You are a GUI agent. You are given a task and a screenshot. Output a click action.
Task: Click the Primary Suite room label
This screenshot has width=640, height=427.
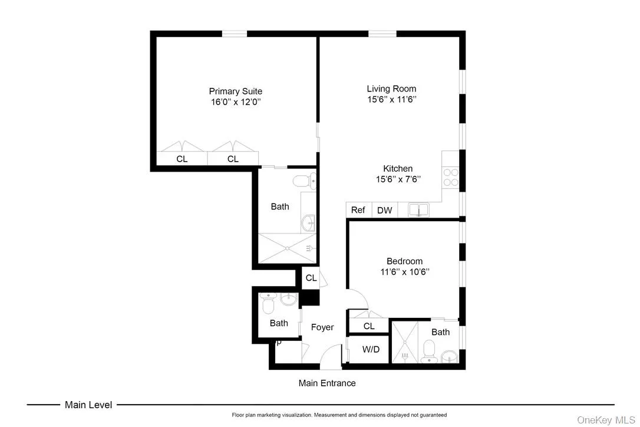[x=235, y=91]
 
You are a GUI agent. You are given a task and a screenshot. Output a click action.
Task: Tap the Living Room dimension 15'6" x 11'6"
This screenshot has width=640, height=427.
[x=391, y=100]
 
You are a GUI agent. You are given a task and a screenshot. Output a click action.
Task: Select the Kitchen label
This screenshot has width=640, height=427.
[x=398, y=169]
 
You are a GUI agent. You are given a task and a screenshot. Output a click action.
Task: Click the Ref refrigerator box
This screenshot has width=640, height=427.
[x=358, y=210]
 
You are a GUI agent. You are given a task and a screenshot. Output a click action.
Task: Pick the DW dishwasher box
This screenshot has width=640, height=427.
[x=384, y=210]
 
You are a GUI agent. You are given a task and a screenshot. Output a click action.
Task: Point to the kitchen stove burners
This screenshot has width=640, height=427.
[x=451, y=178]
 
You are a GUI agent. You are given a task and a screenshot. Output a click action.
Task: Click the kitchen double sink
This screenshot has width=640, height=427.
[x=419, y=209]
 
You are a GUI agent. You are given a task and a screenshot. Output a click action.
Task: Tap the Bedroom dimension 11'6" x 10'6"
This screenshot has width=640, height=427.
[x=404, y=272]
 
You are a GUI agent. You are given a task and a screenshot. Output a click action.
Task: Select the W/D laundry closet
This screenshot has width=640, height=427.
[x=371, y=349]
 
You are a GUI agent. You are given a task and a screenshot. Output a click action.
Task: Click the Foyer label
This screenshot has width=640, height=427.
[x=322, y=327]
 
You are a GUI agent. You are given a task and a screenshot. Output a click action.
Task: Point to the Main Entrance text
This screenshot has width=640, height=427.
[x=327, y=383]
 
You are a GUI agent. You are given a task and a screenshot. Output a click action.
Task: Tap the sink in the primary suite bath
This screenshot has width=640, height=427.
[x=308, y=223]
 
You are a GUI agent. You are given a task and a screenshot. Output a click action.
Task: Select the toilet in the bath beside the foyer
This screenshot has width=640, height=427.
[x=268, y=306]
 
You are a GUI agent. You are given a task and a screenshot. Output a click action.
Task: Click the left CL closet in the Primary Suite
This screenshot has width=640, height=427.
[x=182, y=159]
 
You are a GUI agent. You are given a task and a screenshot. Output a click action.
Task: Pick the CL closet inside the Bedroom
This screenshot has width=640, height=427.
[x=369, y=326]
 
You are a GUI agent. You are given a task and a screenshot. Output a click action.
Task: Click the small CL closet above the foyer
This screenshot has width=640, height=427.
[x=311, y=278]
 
